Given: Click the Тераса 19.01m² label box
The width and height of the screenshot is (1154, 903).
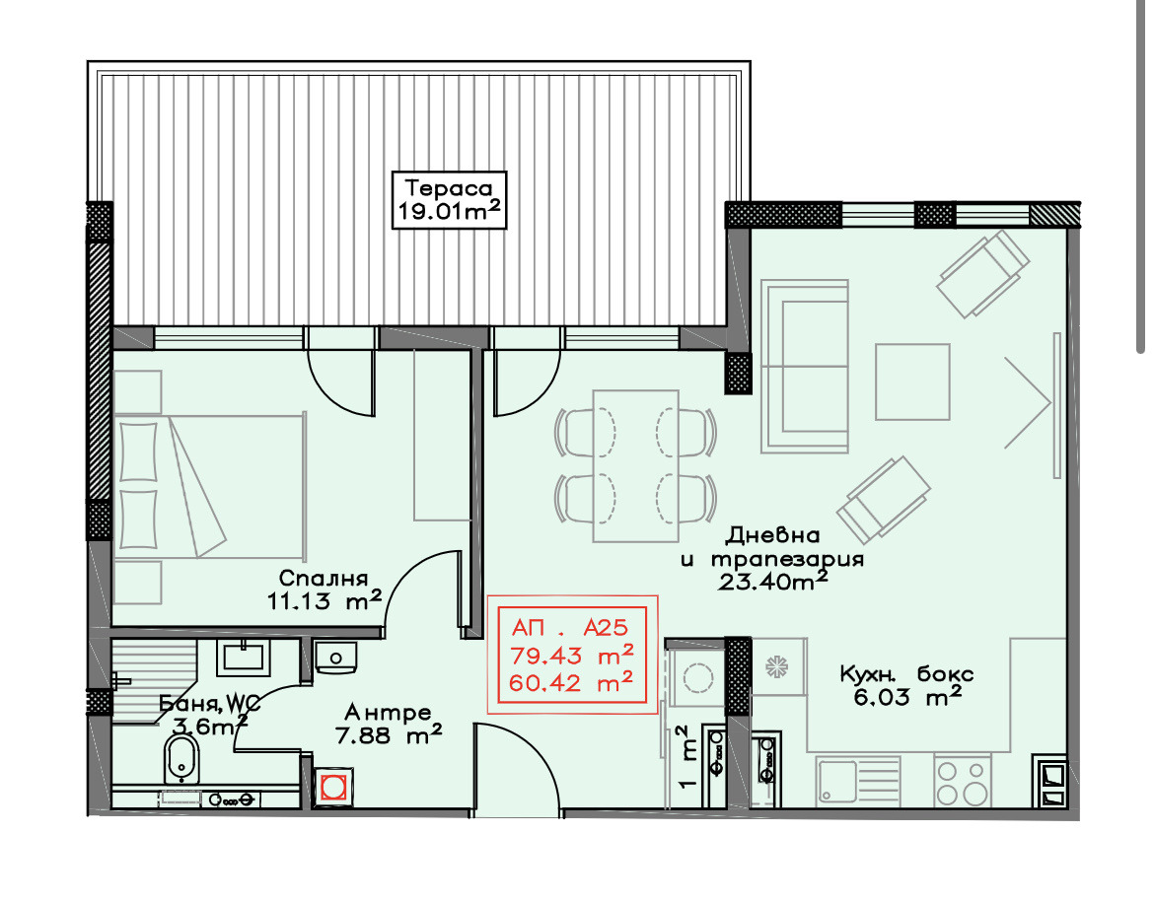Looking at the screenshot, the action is click(449, 200).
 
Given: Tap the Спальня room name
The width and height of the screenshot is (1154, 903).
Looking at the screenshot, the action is click(324, 578).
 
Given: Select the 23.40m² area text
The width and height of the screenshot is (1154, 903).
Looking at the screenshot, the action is click(772, 582).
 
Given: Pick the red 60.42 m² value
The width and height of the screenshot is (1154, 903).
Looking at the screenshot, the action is click(571, 682).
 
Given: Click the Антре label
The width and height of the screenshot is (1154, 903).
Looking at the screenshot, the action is click(388, 713).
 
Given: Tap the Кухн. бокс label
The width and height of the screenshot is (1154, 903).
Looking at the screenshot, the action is click(906, 673).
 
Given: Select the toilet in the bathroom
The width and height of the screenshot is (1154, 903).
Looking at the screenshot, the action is click(181, 759).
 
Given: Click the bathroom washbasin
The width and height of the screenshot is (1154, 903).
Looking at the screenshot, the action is click(243, 658).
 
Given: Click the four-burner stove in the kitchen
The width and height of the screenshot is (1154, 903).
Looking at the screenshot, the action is click(962, 783).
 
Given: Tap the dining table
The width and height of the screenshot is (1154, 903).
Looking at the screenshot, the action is click(635, 466).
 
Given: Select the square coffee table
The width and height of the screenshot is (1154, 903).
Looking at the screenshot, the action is click(912, 382).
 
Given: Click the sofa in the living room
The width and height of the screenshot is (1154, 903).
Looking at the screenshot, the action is click(805, 366).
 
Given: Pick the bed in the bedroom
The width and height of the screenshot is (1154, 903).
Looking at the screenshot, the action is click(210, 486).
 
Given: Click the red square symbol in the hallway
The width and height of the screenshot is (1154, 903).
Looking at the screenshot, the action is click(332, 786).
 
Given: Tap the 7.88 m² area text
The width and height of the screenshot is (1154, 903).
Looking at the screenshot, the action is click(388, 735).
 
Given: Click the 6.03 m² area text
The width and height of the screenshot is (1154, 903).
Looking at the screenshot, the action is click(906, 696).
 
